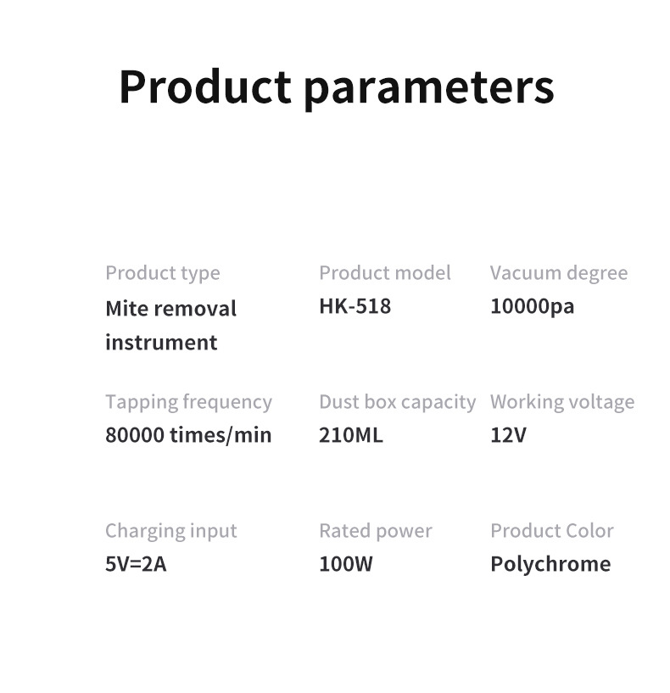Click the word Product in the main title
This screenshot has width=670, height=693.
pos(205,87)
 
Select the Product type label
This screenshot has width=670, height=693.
pos(163,274)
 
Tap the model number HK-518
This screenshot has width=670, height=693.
pos(355,306)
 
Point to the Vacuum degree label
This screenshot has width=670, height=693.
pos(559,274)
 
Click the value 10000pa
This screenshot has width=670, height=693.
pos(532,307)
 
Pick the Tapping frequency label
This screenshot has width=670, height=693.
pos(189,403)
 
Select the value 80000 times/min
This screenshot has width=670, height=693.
pos(188,435)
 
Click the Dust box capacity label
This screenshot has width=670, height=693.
pos(397,403)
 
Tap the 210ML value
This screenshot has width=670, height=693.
pos(351,435)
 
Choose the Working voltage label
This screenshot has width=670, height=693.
pos(562,403)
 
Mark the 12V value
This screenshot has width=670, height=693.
pos(508,435)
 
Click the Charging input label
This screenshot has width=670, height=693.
pos(171,531)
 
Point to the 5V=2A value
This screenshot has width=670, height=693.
pos(136,564)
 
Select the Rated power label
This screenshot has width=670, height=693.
pos(376,532)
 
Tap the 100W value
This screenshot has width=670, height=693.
pos(346,564)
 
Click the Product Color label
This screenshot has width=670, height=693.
pos(552,531)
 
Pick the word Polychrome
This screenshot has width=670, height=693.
pos(550,565)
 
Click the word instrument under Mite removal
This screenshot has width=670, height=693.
pos(161,343)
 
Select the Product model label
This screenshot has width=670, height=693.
pos(385,273)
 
